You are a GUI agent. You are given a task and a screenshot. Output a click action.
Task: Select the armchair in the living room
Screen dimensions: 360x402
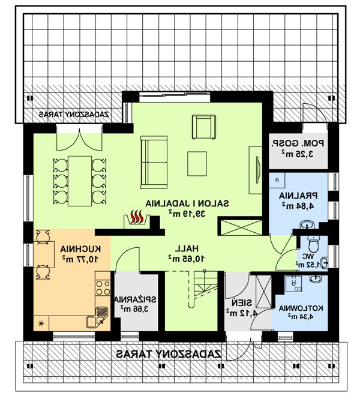[204, 127]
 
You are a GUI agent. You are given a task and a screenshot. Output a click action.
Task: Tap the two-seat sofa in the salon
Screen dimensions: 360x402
[154, 162]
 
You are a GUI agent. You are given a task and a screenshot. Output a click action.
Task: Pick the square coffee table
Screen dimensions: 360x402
[197, 164]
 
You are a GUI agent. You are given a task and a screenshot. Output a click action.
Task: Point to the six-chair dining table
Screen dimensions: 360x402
[80, 181]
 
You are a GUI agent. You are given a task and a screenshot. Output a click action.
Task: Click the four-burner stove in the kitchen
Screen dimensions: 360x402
[103, 288]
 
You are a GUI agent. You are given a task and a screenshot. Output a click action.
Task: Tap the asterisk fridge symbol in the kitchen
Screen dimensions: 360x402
[41, 323]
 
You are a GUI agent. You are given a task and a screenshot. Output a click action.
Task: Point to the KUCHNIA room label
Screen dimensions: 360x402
[80, 249]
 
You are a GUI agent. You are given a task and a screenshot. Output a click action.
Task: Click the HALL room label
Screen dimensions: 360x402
[187, 248]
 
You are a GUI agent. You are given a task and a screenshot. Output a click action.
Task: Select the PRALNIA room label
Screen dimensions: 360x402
[298, 196]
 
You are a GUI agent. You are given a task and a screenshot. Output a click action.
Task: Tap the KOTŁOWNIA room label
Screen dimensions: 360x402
[301, 308]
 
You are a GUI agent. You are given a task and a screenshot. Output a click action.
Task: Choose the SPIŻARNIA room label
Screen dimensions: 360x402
[135, 299]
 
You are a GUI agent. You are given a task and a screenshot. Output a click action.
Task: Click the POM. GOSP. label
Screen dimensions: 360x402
[298, 143]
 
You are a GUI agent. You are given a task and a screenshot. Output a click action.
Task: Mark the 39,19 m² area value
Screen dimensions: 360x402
[187, 214]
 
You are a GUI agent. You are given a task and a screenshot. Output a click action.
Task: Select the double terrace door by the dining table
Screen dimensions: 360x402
[79, 139]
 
